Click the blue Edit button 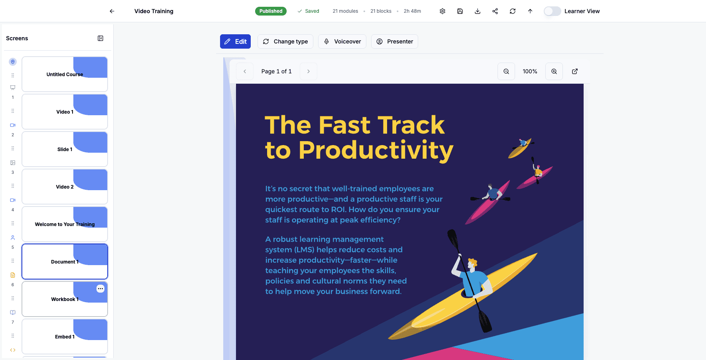tap(235, 41)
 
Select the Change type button tap(285, 41)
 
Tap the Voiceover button tap(342, 41)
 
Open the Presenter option tap(394, 41)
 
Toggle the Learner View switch tap(552, 11)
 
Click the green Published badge tap(271, 11)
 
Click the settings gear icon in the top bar tap(442, 11)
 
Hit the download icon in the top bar tap(478, 11)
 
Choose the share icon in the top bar tap(495, 11)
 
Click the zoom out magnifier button tap(506, 71)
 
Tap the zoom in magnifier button tap(554, 71)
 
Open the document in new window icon tap(575, 71)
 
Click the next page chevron tap(309, 71)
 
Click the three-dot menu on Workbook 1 tap(100, 289)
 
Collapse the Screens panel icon tap(100, 38)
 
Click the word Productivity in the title tap(376, 150)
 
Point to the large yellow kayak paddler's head tap(473, 264)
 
